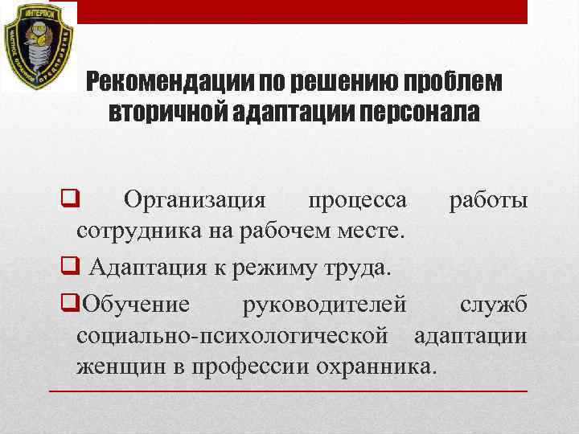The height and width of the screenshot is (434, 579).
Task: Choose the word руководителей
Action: (324, 305)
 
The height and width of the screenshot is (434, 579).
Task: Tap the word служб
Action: (493, 305)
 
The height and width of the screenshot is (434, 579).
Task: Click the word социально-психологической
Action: (238, 335)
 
